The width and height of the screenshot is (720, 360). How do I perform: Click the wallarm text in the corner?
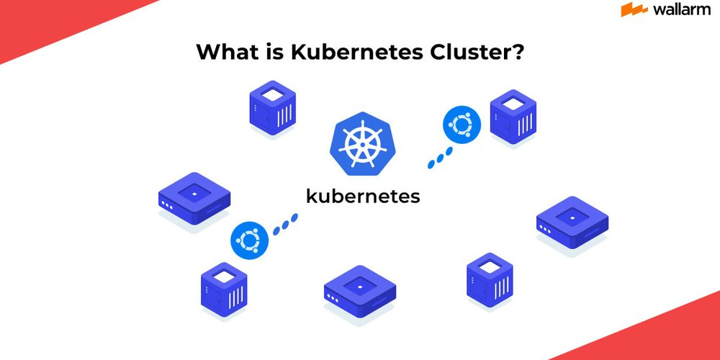point(680,9)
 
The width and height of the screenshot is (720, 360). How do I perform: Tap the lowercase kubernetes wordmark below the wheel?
point(363,196)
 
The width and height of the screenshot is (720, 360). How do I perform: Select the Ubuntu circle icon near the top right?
point(460,125)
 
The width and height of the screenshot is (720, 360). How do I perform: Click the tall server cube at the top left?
point(273,108)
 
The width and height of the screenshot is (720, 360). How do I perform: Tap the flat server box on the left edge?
point(194,198)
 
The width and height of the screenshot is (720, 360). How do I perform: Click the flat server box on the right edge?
point(572,222)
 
